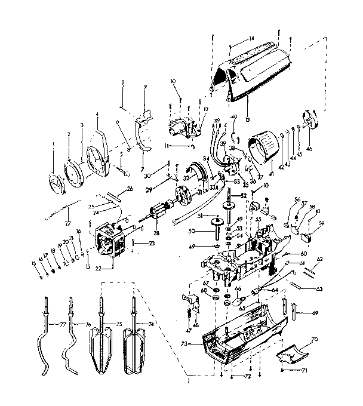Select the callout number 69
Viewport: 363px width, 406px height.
tap(315, 312)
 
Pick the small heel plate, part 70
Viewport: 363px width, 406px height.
tap(294, 352)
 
